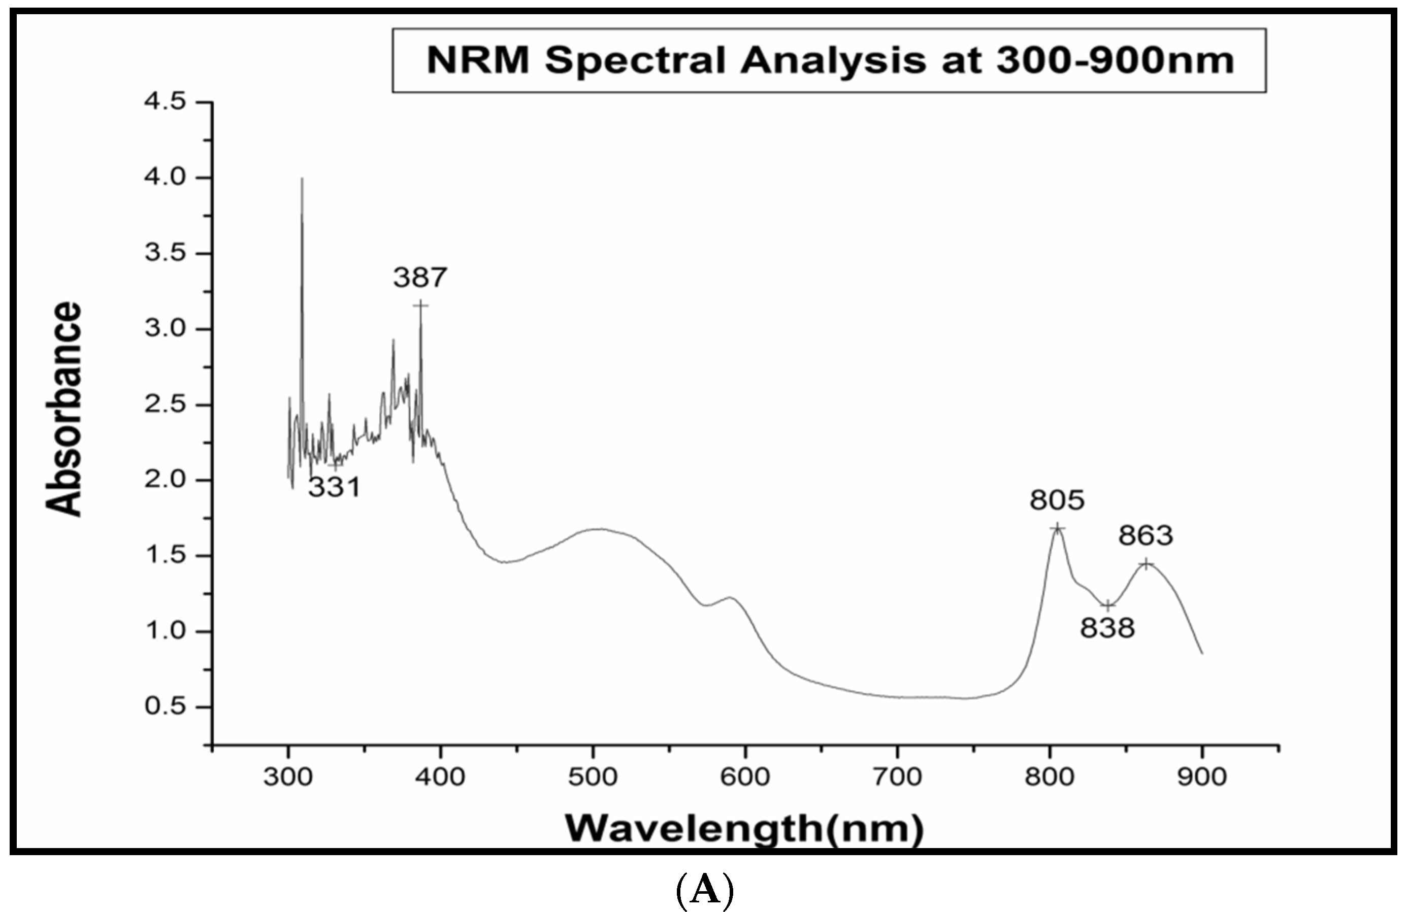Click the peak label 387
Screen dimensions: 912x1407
420,277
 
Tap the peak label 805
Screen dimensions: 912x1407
1057,500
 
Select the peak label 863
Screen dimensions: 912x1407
1145,535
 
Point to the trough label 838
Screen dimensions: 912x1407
1107,628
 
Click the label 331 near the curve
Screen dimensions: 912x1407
334,488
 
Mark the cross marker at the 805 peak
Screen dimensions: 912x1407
1058,528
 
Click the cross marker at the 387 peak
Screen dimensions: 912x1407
421,306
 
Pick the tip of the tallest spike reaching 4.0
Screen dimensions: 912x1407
302,179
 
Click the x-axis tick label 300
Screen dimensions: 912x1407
288,776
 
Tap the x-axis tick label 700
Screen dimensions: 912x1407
897,776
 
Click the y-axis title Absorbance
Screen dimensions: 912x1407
64,409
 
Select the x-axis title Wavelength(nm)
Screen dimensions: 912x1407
744,829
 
